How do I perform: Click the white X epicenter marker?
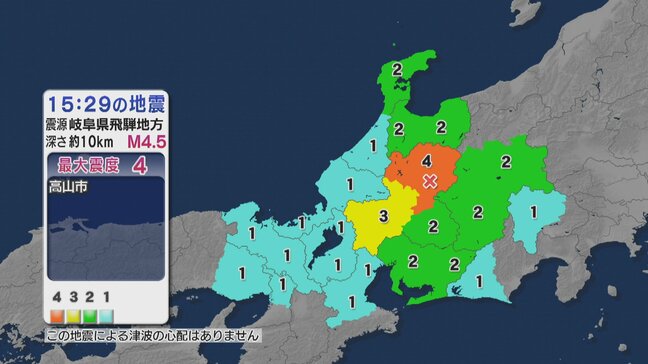pyautogui.click(x=430, y=181)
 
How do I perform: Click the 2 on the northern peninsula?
pyautogui.click(x=397, y=70)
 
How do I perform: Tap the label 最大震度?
pyautogui.click(x=91, y=165)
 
